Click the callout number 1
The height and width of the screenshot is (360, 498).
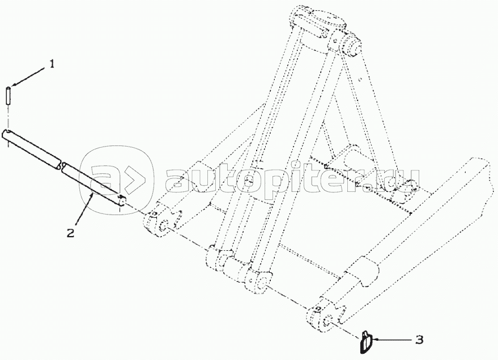coord(52,65)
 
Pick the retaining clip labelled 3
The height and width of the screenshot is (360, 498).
coord(365,341)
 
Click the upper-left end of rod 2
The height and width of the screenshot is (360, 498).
coord(7,135)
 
